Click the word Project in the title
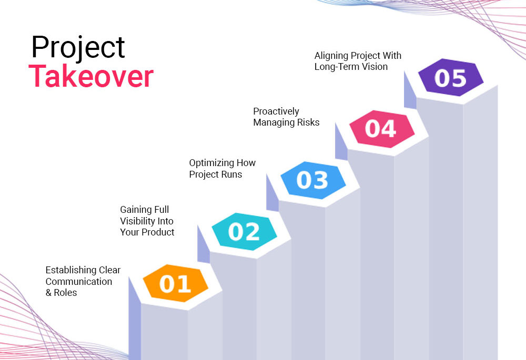(78, 48)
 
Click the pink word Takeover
(91, 76)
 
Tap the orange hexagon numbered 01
(176, 283)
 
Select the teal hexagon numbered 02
(244, 231)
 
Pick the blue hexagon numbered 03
(313, 180)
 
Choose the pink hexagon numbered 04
(382, 129)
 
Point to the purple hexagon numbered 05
(451, 77)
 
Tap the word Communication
(79, 282)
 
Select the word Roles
(65, 293)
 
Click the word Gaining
(136, 210)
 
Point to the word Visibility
(137, 221)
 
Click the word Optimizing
(211, 163)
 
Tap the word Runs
(231, 174)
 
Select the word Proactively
(276, 111)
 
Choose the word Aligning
(331, 56)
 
